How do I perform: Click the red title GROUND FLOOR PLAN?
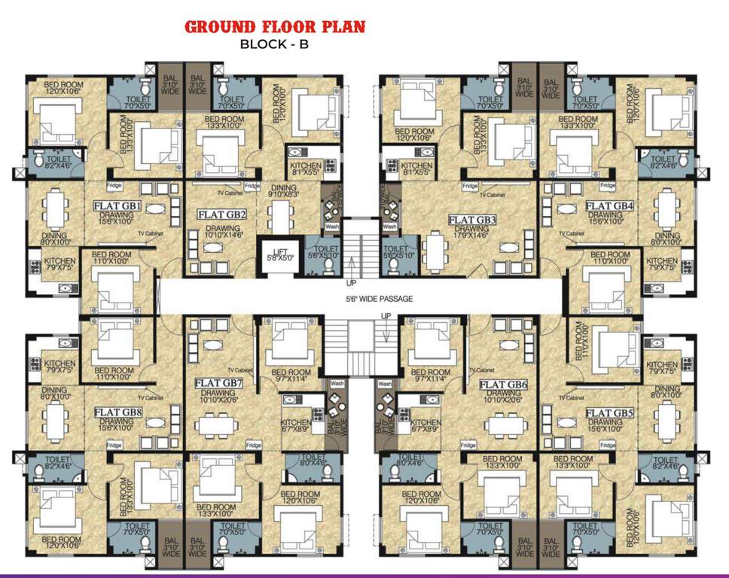(275, 27)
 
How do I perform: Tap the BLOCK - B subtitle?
(274, 44)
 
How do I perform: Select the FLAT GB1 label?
(117, 205)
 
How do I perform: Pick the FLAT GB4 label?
(610, 205)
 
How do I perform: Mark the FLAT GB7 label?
(219, 382)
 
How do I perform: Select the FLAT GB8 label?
(118, 412)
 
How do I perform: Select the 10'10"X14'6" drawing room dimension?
(222, 233)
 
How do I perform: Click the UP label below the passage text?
(386, 315)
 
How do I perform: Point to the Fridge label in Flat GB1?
(114, 185)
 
